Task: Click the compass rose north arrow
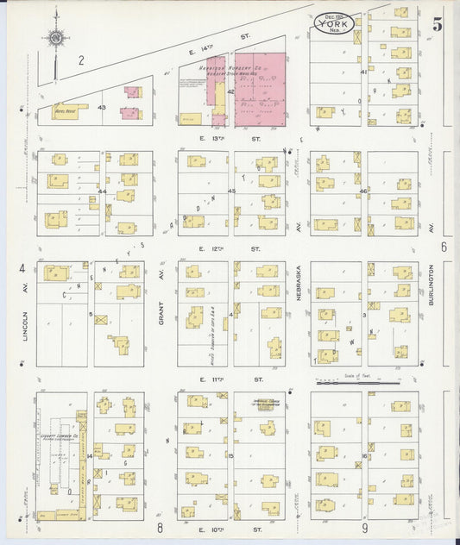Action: (56, 38)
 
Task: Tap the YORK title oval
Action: (334, 23)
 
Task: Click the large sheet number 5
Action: (438, 24)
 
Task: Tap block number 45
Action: (231, 191)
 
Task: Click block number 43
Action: (101, 107)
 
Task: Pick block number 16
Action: (365, 455)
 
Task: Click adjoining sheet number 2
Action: (80, 60)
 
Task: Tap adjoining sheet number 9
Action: (365, 528)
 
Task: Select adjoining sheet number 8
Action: (161, 528)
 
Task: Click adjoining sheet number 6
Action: (442, 247)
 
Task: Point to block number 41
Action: (364, 72)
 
